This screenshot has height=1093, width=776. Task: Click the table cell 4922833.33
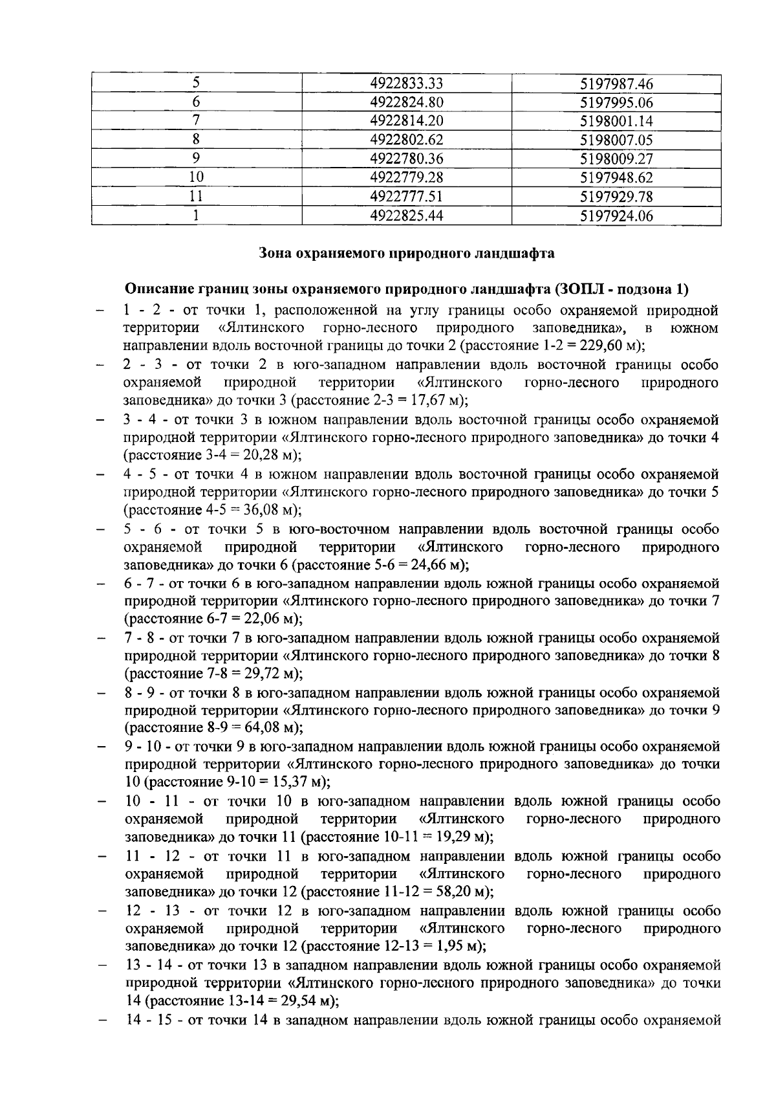click(406, 83)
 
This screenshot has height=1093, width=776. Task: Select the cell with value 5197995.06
click(616, 102)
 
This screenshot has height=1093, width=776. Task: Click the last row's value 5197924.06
click(616, 215)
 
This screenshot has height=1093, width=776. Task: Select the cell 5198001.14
click(616, 121)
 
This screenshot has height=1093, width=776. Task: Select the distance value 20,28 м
click(268, 455)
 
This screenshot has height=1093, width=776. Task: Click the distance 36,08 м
click(268, 509)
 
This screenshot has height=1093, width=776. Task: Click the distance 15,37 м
click(296, 782)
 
